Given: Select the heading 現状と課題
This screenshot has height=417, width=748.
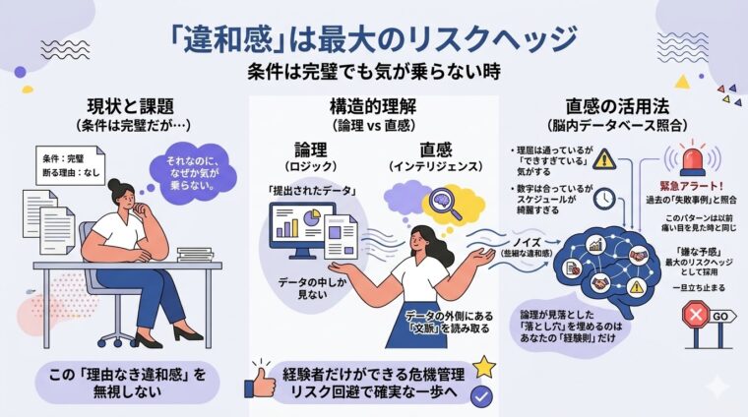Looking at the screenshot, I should (122, 105).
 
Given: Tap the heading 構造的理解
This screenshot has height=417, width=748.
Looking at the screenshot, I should (373, 105).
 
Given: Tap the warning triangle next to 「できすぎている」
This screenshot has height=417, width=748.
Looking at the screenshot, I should (603, 158).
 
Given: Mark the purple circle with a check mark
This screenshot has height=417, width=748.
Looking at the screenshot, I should (482, 395).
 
